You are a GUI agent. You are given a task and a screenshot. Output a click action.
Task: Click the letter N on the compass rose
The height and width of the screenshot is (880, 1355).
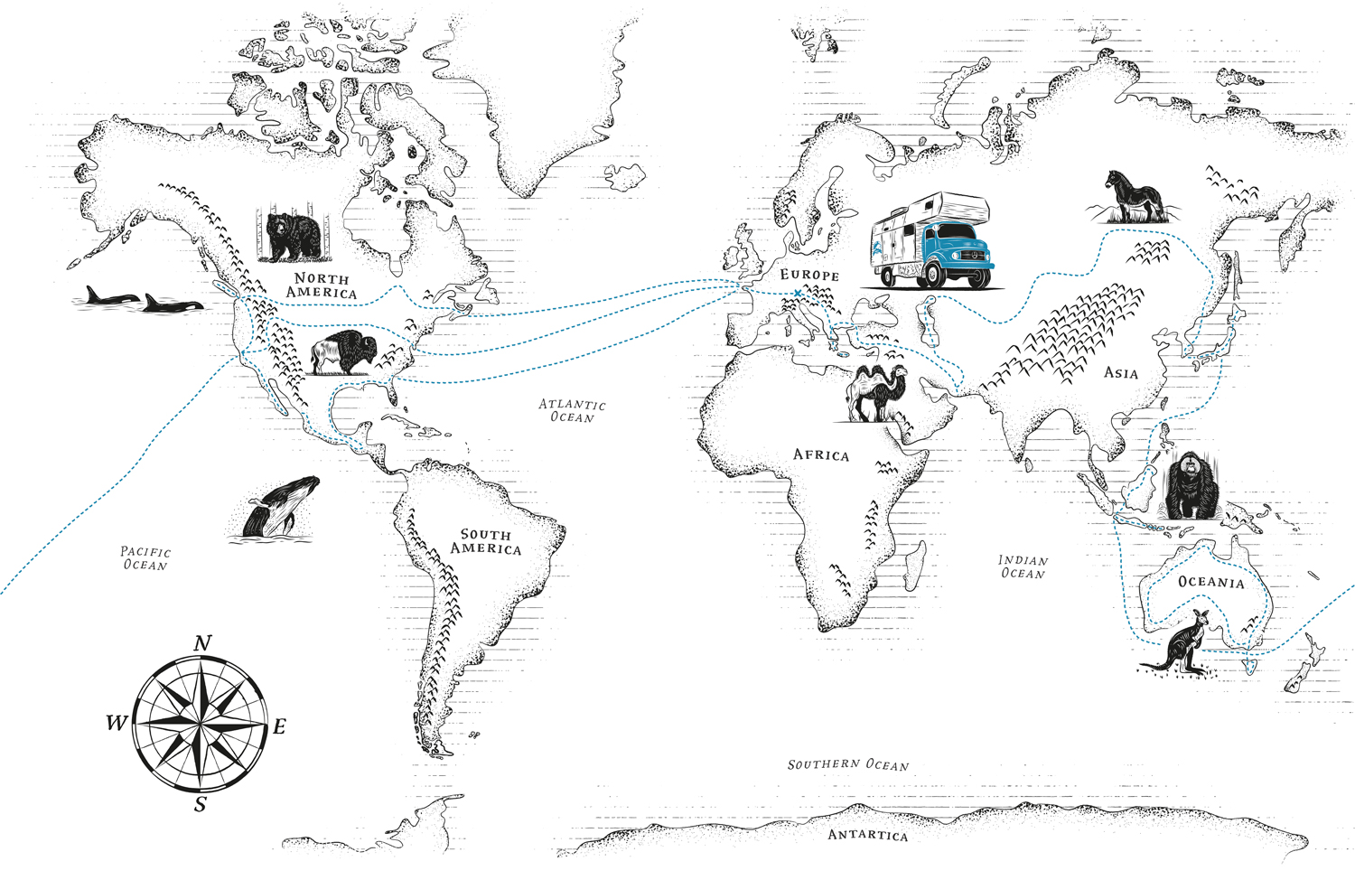203,643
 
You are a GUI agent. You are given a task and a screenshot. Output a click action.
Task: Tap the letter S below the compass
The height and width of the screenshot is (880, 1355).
201,803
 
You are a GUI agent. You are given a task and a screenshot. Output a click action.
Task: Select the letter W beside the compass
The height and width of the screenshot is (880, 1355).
117,723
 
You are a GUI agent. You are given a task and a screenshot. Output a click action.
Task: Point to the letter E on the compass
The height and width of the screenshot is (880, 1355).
279,726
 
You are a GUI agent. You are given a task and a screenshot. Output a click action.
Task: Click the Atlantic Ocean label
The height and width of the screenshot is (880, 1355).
573,411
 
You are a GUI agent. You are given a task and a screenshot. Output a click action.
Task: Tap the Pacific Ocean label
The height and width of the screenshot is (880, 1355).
145,557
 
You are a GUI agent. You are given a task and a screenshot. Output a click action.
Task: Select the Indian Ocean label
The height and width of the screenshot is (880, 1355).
1023,566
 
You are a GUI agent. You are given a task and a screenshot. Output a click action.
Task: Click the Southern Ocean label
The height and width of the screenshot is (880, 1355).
847,764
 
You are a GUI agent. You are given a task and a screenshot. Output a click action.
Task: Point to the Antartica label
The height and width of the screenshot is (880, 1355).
867,835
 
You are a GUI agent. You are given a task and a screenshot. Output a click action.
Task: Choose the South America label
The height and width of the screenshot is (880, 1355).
486,542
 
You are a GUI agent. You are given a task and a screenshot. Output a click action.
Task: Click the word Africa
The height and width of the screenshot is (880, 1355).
821,454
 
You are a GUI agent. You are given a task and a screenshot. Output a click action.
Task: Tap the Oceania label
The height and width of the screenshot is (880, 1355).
1210,582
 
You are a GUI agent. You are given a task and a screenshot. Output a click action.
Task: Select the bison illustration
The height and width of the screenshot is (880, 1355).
342,351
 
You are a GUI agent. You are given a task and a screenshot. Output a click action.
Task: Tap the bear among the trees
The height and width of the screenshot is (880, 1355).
293,235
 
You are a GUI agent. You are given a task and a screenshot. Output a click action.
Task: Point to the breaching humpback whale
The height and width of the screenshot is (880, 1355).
280,508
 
